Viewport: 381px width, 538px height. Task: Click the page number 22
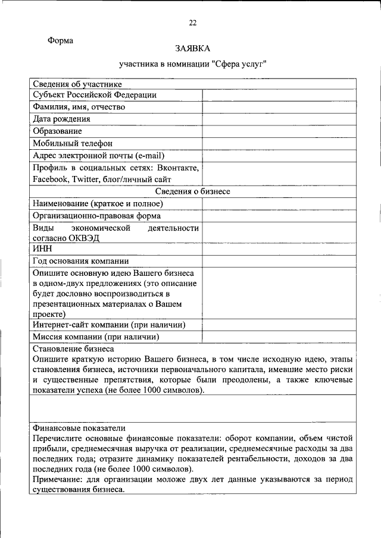coord(192,23)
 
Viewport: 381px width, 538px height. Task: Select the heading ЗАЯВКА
coord(192,48)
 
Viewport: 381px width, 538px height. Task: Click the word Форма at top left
coord(61,41)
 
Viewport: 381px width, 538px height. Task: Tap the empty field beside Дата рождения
coord(279,119)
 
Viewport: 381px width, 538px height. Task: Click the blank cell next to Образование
coord(279,131)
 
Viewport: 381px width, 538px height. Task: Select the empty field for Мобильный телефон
coord(279,143)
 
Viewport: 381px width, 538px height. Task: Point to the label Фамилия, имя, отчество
coord(79,107)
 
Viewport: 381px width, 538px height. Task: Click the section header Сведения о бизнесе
coord(192,191)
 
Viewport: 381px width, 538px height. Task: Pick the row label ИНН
coord(42,249)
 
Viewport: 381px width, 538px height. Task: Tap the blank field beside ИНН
coord(279,249)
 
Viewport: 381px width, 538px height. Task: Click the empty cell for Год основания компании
coord(279,261)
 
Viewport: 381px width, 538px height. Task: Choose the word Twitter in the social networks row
coord(87,180)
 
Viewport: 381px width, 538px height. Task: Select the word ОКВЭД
coord(84,238)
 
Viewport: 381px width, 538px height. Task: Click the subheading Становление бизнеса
coord(73,348)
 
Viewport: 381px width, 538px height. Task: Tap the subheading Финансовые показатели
coord(79,427)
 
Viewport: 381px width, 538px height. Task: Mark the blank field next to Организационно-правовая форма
coord(279,216)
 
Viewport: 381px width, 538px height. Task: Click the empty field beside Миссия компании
coord(279,336)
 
